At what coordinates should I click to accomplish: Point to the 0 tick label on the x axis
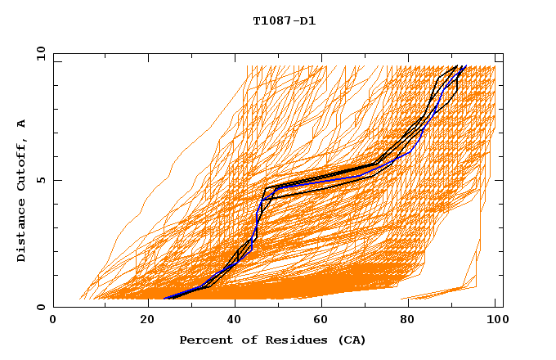53,320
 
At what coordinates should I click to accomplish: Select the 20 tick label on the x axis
147,320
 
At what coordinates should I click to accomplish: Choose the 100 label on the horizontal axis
495,320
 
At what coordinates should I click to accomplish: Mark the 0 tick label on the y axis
40,307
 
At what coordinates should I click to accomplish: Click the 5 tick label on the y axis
40,180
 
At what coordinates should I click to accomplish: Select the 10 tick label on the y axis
40,53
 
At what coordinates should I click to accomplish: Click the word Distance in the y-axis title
21,231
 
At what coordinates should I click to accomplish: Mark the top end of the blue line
464,66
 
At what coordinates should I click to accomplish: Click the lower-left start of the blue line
165,299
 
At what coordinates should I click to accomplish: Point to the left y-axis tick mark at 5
56,180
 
